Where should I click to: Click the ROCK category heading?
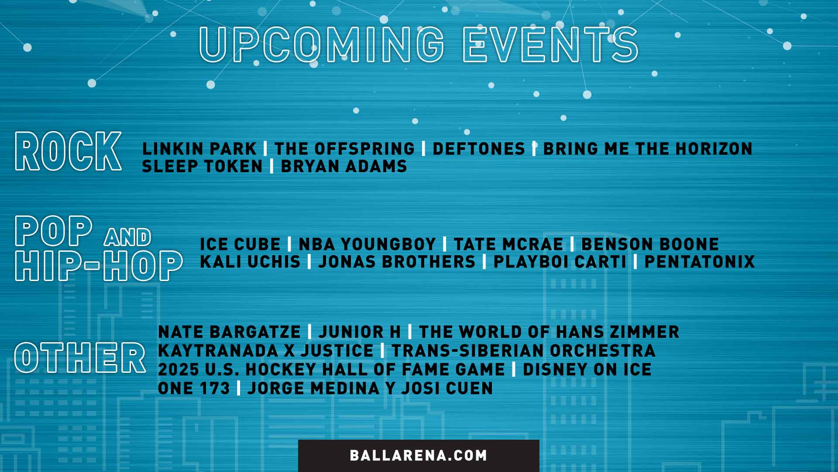[x=68, y=151]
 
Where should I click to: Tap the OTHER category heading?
[x=80, y=358]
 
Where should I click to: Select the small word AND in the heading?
[x=127, y=237]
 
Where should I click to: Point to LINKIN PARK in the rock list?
[x=199, y=149]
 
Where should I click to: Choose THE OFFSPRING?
[x=344, y=149]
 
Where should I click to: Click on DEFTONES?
[x=479, y=149]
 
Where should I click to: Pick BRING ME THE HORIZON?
[x=648, y=149]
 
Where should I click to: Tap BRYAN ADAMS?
[x=344, y=167]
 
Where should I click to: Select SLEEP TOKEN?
[x=203, y=167]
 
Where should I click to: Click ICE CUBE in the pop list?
[x=240, y=244]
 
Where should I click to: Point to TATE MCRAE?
[x=508, y=244]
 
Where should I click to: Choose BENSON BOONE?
[x=650, y=244]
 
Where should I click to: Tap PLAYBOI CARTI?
[x=560, y=262]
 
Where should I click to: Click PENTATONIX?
[x=700, y=262]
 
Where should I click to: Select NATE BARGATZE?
[x=229, y=332]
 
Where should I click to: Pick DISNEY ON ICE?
[x=587, y=370]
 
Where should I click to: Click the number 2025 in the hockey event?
[x=179, y=370]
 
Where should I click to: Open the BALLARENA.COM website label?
[x=419, y=455]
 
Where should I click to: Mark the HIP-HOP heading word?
[x=99, y=265]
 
